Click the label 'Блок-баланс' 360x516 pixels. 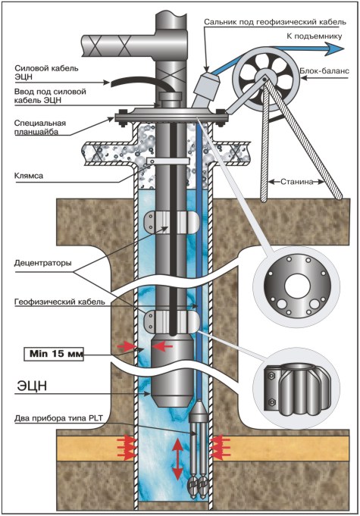(324, 70)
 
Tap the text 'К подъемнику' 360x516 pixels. (315, 36)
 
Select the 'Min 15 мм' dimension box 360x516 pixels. (53, 354)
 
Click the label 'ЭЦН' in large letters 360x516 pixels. (33, 386)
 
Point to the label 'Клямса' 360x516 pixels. (29, 176)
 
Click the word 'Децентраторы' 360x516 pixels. (42, 263)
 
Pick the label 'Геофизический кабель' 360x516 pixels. (60, 302)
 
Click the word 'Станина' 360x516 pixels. (296, 182)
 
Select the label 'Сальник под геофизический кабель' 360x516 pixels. (275, 22)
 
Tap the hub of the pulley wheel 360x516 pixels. (265, 78)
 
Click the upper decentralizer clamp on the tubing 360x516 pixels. (172, 222)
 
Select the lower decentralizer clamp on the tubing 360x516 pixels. (172, 321)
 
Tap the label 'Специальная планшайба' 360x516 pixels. (40, 127)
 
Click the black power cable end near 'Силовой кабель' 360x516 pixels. (112, 84)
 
